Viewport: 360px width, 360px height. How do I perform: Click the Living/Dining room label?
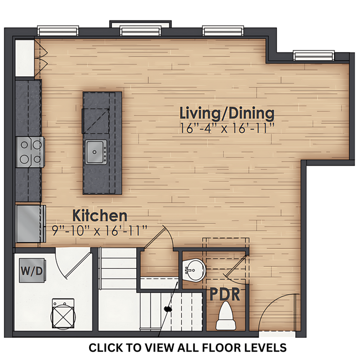tap(227, 114)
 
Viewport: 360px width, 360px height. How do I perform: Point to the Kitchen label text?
tap(100, 215)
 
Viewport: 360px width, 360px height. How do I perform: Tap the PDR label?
tap(225, 294)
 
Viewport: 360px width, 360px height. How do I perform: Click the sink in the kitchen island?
tap(95, 151)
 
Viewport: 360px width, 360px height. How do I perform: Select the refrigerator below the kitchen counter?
tap(30, 223)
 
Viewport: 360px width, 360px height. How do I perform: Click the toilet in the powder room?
tap(225, 317)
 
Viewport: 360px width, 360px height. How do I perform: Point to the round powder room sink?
tap(194, 271)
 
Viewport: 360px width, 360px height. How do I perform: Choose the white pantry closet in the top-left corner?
tap(25, 57)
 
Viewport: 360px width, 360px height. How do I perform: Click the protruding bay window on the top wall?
tap(140, 28)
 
